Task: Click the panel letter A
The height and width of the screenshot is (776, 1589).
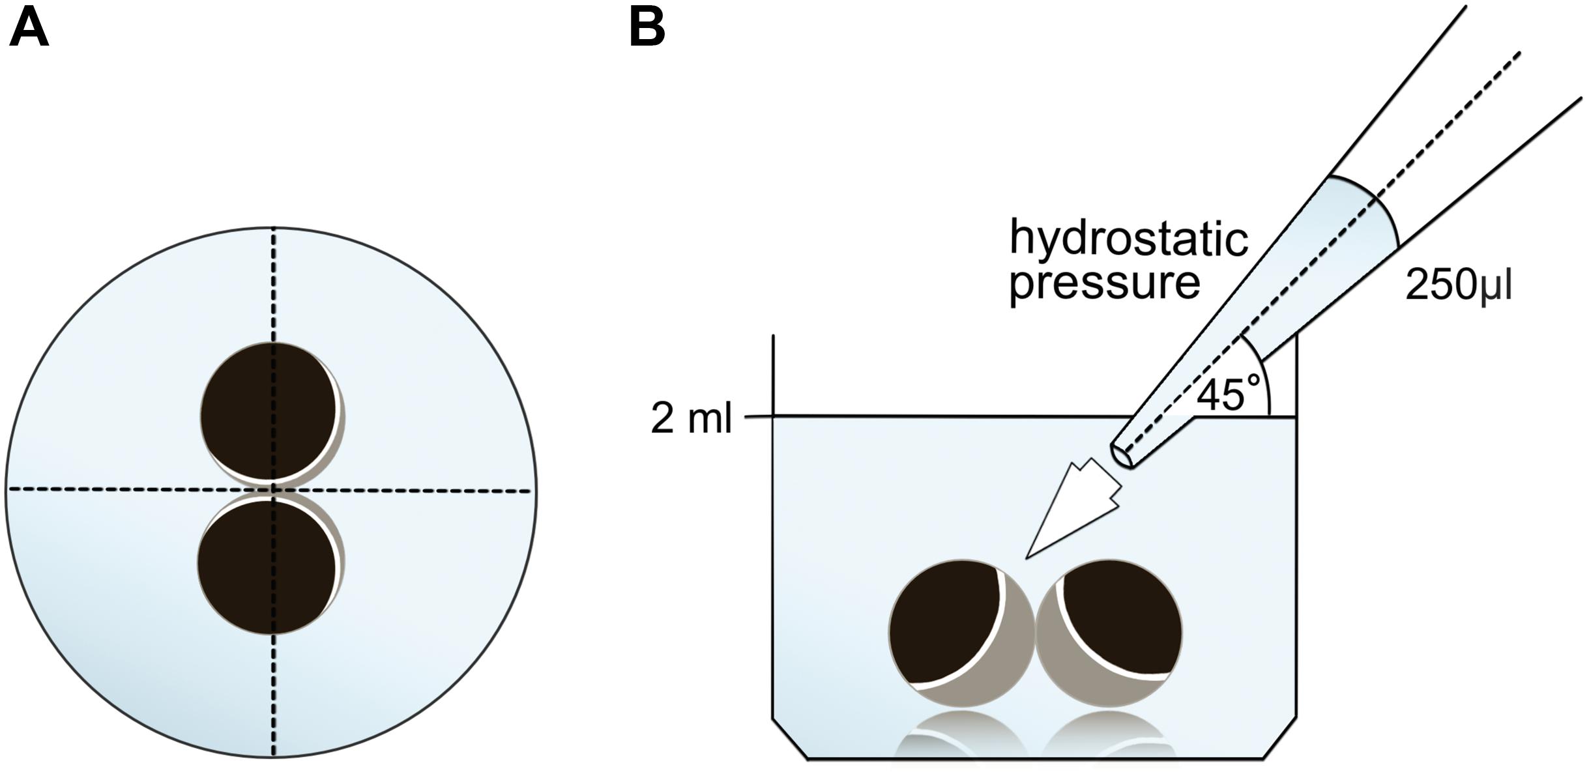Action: [29, 29]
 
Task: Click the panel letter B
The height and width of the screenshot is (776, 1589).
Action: [647, 29]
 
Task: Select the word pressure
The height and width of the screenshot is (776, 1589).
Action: [1105, 283]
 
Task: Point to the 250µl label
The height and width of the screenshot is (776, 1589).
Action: [1458, 285]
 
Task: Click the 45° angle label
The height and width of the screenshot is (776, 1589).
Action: [1229, 394]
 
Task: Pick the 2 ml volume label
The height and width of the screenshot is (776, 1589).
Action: [691, 418]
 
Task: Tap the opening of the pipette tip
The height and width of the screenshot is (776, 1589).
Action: [1121, 455]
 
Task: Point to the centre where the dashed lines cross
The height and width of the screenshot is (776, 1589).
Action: [273, 489]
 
